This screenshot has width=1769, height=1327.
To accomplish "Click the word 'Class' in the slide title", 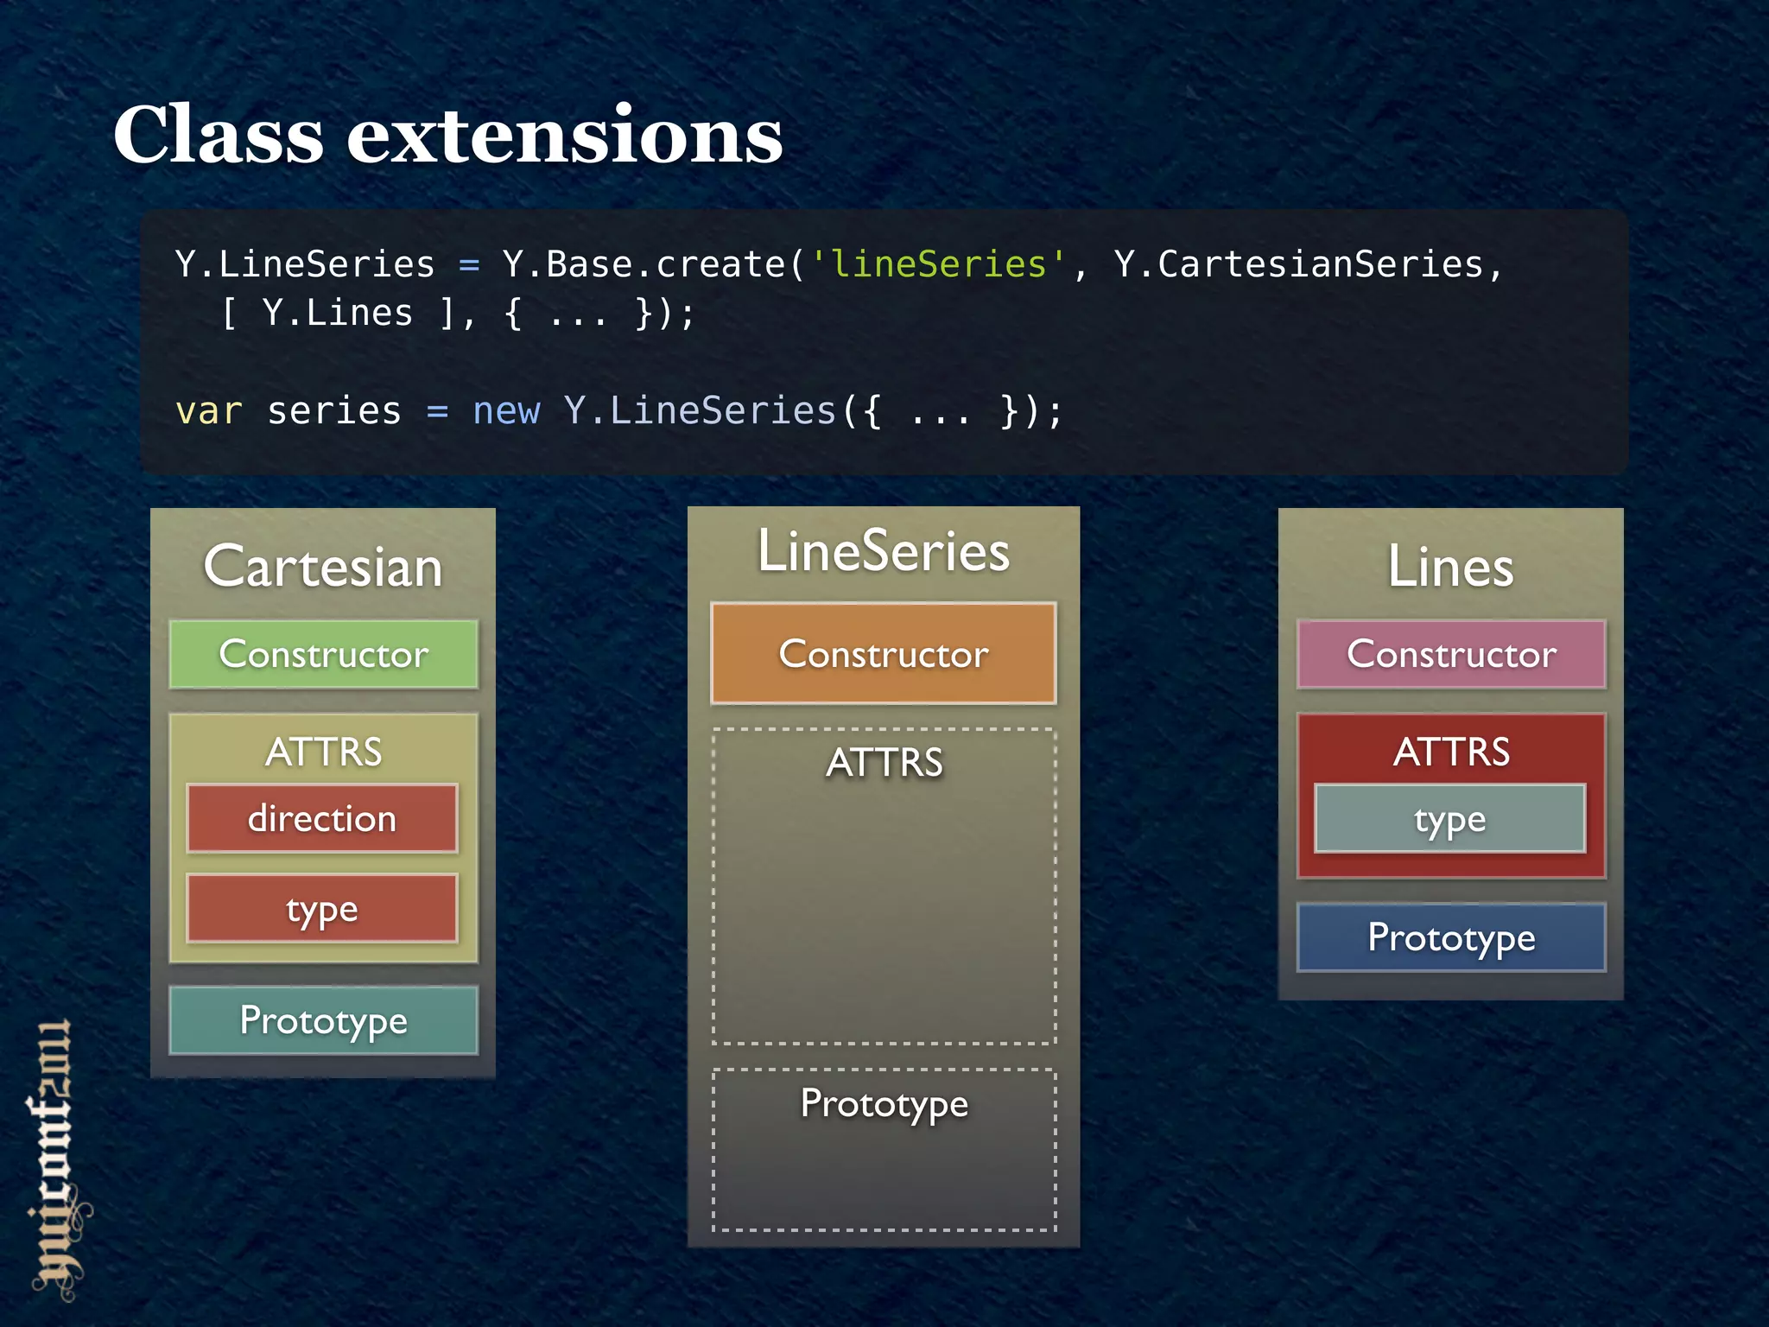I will tap(218, 136).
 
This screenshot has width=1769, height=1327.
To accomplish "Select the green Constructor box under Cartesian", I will tap(323, 654).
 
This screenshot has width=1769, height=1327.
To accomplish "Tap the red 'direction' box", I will tap(322, 818).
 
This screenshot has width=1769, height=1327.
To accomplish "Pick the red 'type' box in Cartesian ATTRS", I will tap(322, 908).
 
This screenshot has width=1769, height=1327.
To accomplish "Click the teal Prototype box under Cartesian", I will tap(323, 1020).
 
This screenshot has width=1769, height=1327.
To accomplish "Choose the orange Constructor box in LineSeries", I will tap(883, 654).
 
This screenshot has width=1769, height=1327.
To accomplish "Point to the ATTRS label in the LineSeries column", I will tap(884, 762).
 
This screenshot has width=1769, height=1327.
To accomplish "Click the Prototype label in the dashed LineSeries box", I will tap(884, 1103).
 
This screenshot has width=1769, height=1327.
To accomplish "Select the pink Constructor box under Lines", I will tap(1451, 654).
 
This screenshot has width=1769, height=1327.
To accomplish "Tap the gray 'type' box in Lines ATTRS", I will tap(1449, 818).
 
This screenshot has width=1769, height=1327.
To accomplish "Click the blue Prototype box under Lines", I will tap(1451, 937).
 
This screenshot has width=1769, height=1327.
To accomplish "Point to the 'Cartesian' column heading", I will tap(323, 567).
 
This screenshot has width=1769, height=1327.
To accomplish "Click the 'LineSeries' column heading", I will tap(883, 550).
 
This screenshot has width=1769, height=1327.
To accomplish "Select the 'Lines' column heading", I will tap(1450, 567).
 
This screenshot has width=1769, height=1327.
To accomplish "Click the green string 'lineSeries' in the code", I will tap(938, 264).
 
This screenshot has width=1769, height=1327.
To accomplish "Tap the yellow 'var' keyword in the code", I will tap(208, 411).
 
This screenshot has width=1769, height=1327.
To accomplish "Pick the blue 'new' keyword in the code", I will tap(506, 411).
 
